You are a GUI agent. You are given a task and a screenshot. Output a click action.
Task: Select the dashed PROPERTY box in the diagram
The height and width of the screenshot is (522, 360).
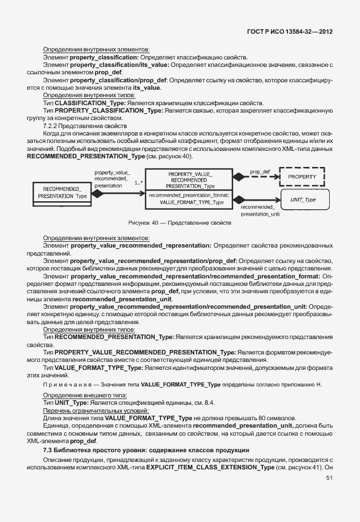[x=301, y=177]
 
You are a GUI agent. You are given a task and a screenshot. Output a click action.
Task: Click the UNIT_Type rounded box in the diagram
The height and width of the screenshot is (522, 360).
[x=303, y=200]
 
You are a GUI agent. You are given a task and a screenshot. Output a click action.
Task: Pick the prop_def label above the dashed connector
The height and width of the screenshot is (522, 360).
[x=259, y=171]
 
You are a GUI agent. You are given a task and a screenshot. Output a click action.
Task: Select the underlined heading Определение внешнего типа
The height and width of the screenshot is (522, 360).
[x=85, y=396]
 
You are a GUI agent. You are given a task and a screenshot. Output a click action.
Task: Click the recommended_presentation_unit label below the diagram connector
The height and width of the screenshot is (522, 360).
[x=255, y=210]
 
